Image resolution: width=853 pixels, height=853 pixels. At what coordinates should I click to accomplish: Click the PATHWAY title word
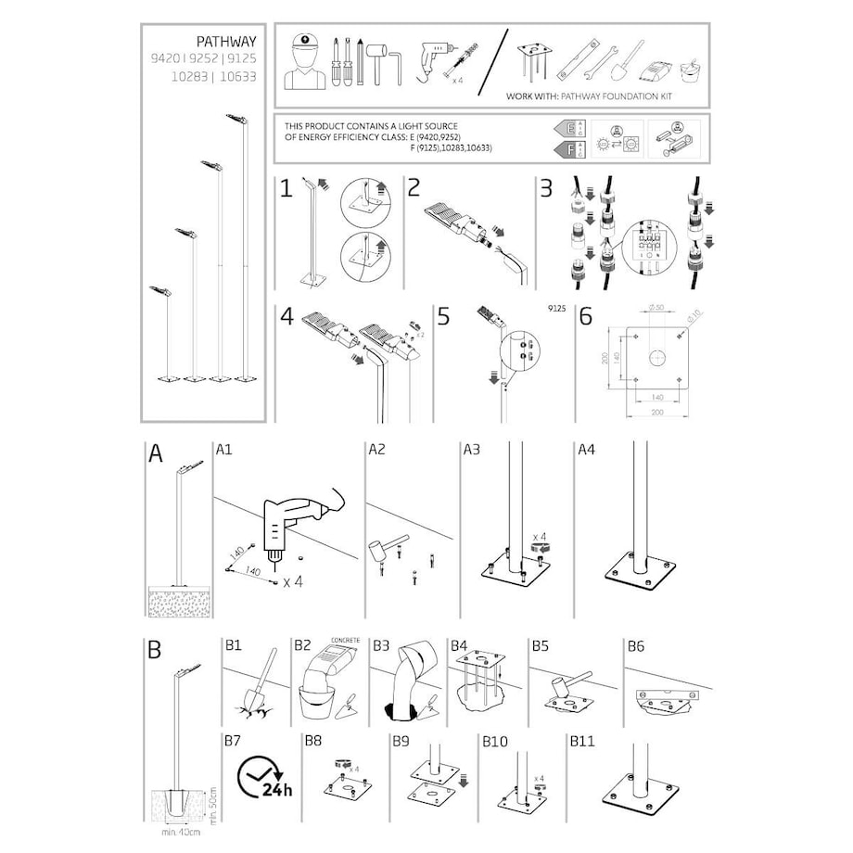(x=226, y=42)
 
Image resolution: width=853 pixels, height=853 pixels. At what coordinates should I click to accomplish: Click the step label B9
(x=401, y=742)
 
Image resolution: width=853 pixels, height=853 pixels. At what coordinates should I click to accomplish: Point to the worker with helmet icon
(x=303, y=62)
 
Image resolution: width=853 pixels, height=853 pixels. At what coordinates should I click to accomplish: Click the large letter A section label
(x=156, y=453)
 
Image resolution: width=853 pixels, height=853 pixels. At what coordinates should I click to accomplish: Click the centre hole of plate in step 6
(x=656, y=357)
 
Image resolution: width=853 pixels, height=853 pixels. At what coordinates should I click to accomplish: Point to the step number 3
(x=546, y=188)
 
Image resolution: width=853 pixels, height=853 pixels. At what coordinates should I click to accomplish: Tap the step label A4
(x=586, y=450)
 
